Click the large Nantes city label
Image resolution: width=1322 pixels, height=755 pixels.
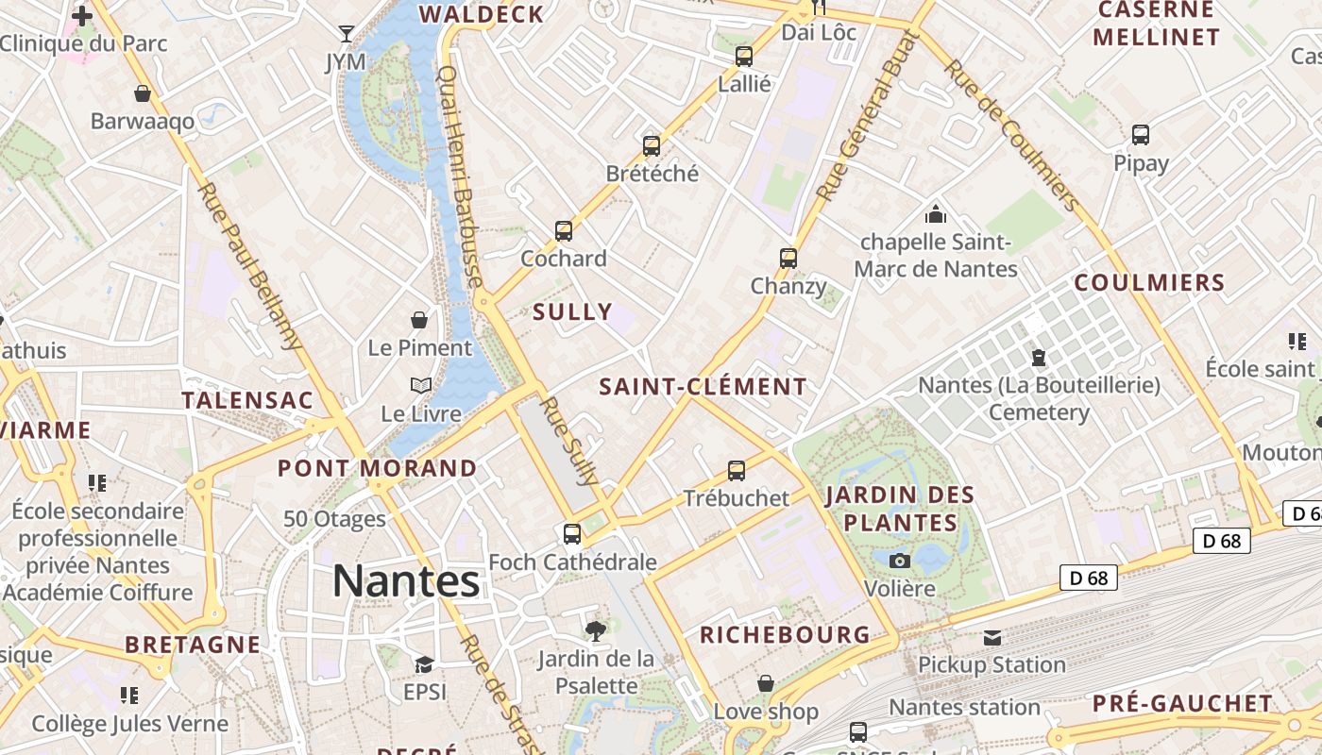tap(406, 581)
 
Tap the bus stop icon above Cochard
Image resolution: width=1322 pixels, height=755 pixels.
tap(564, 231)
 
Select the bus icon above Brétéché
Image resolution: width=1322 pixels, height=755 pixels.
tap(652, 146)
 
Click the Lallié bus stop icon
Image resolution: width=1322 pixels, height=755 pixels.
tap(744, 57)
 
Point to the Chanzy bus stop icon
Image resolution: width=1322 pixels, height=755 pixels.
tap(788, 258)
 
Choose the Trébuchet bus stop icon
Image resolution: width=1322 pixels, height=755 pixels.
tap(737, 470)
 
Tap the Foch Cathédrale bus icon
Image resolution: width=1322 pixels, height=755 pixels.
tap(572, 534)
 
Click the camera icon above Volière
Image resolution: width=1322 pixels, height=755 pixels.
tap(900, 562)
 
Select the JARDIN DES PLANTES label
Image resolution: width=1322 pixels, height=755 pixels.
tap(900, 509)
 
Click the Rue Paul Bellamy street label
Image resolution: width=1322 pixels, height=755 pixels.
tap(249, 265)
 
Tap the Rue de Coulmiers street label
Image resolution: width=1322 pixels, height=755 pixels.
tap(1011, 136)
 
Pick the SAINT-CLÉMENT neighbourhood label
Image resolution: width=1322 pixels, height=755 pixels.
tap(703, 387)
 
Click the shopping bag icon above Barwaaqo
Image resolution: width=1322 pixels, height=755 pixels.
tap(143, 93)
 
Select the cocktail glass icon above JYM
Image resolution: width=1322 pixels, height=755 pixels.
tap(347, 34)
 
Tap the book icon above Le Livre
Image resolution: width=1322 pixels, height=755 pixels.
tap(421, 386)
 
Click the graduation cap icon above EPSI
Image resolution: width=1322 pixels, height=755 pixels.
tap(424, 664)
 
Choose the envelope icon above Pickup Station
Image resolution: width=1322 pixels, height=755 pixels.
tap(991, 638)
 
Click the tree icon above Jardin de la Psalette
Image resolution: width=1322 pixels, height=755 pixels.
tap(596, 630)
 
